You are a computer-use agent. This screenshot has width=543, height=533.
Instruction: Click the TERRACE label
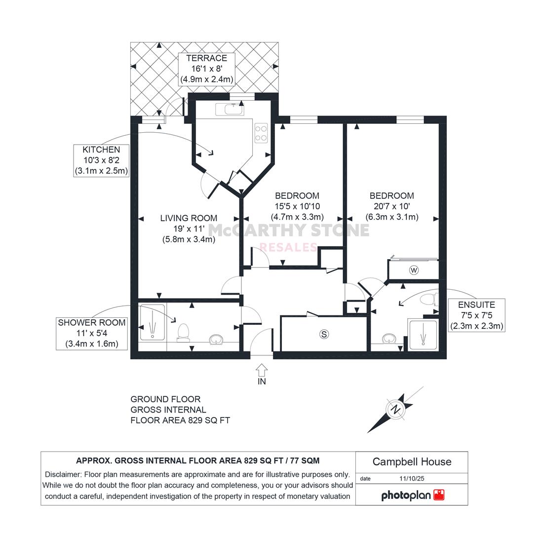tap(207, 58)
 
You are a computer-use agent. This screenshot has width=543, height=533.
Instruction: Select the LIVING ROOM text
tap(189, 218)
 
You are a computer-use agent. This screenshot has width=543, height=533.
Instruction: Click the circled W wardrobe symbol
tap(414, 270)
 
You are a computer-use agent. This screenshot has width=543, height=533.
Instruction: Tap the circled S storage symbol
tap(324, 334)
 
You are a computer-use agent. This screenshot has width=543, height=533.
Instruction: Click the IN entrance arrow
tap(262, 370)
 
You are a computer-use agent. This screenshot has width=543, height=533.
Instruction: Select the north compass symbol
tap(395, 410)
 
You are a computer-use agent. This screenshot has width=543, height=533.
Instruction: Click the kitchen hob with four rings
tap(261, 133)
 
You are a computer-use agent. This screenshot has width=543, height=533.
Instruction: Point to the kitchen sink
tap(230, 110)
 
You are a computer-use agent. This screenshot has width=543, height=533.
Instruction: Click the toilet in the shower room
tap(183, 333)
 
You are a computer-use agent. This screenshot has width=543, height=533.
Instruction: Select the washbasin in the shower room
tap(216, 340)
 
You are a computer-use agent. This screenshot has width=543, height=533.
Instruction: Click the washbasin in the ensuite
tap(390, 339)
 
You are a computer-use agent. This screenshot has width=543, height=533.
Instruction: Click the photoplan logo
tap(413, 495)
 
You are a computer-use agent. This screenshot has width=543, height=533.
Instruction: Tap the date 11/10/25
tap(412, 479)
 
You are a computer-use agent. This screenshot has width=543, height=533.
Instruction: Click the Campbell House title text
tap(412, 461)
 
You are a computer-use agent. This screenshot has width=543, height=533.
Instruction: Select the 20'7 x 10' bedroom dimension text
tap(391, 206)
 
